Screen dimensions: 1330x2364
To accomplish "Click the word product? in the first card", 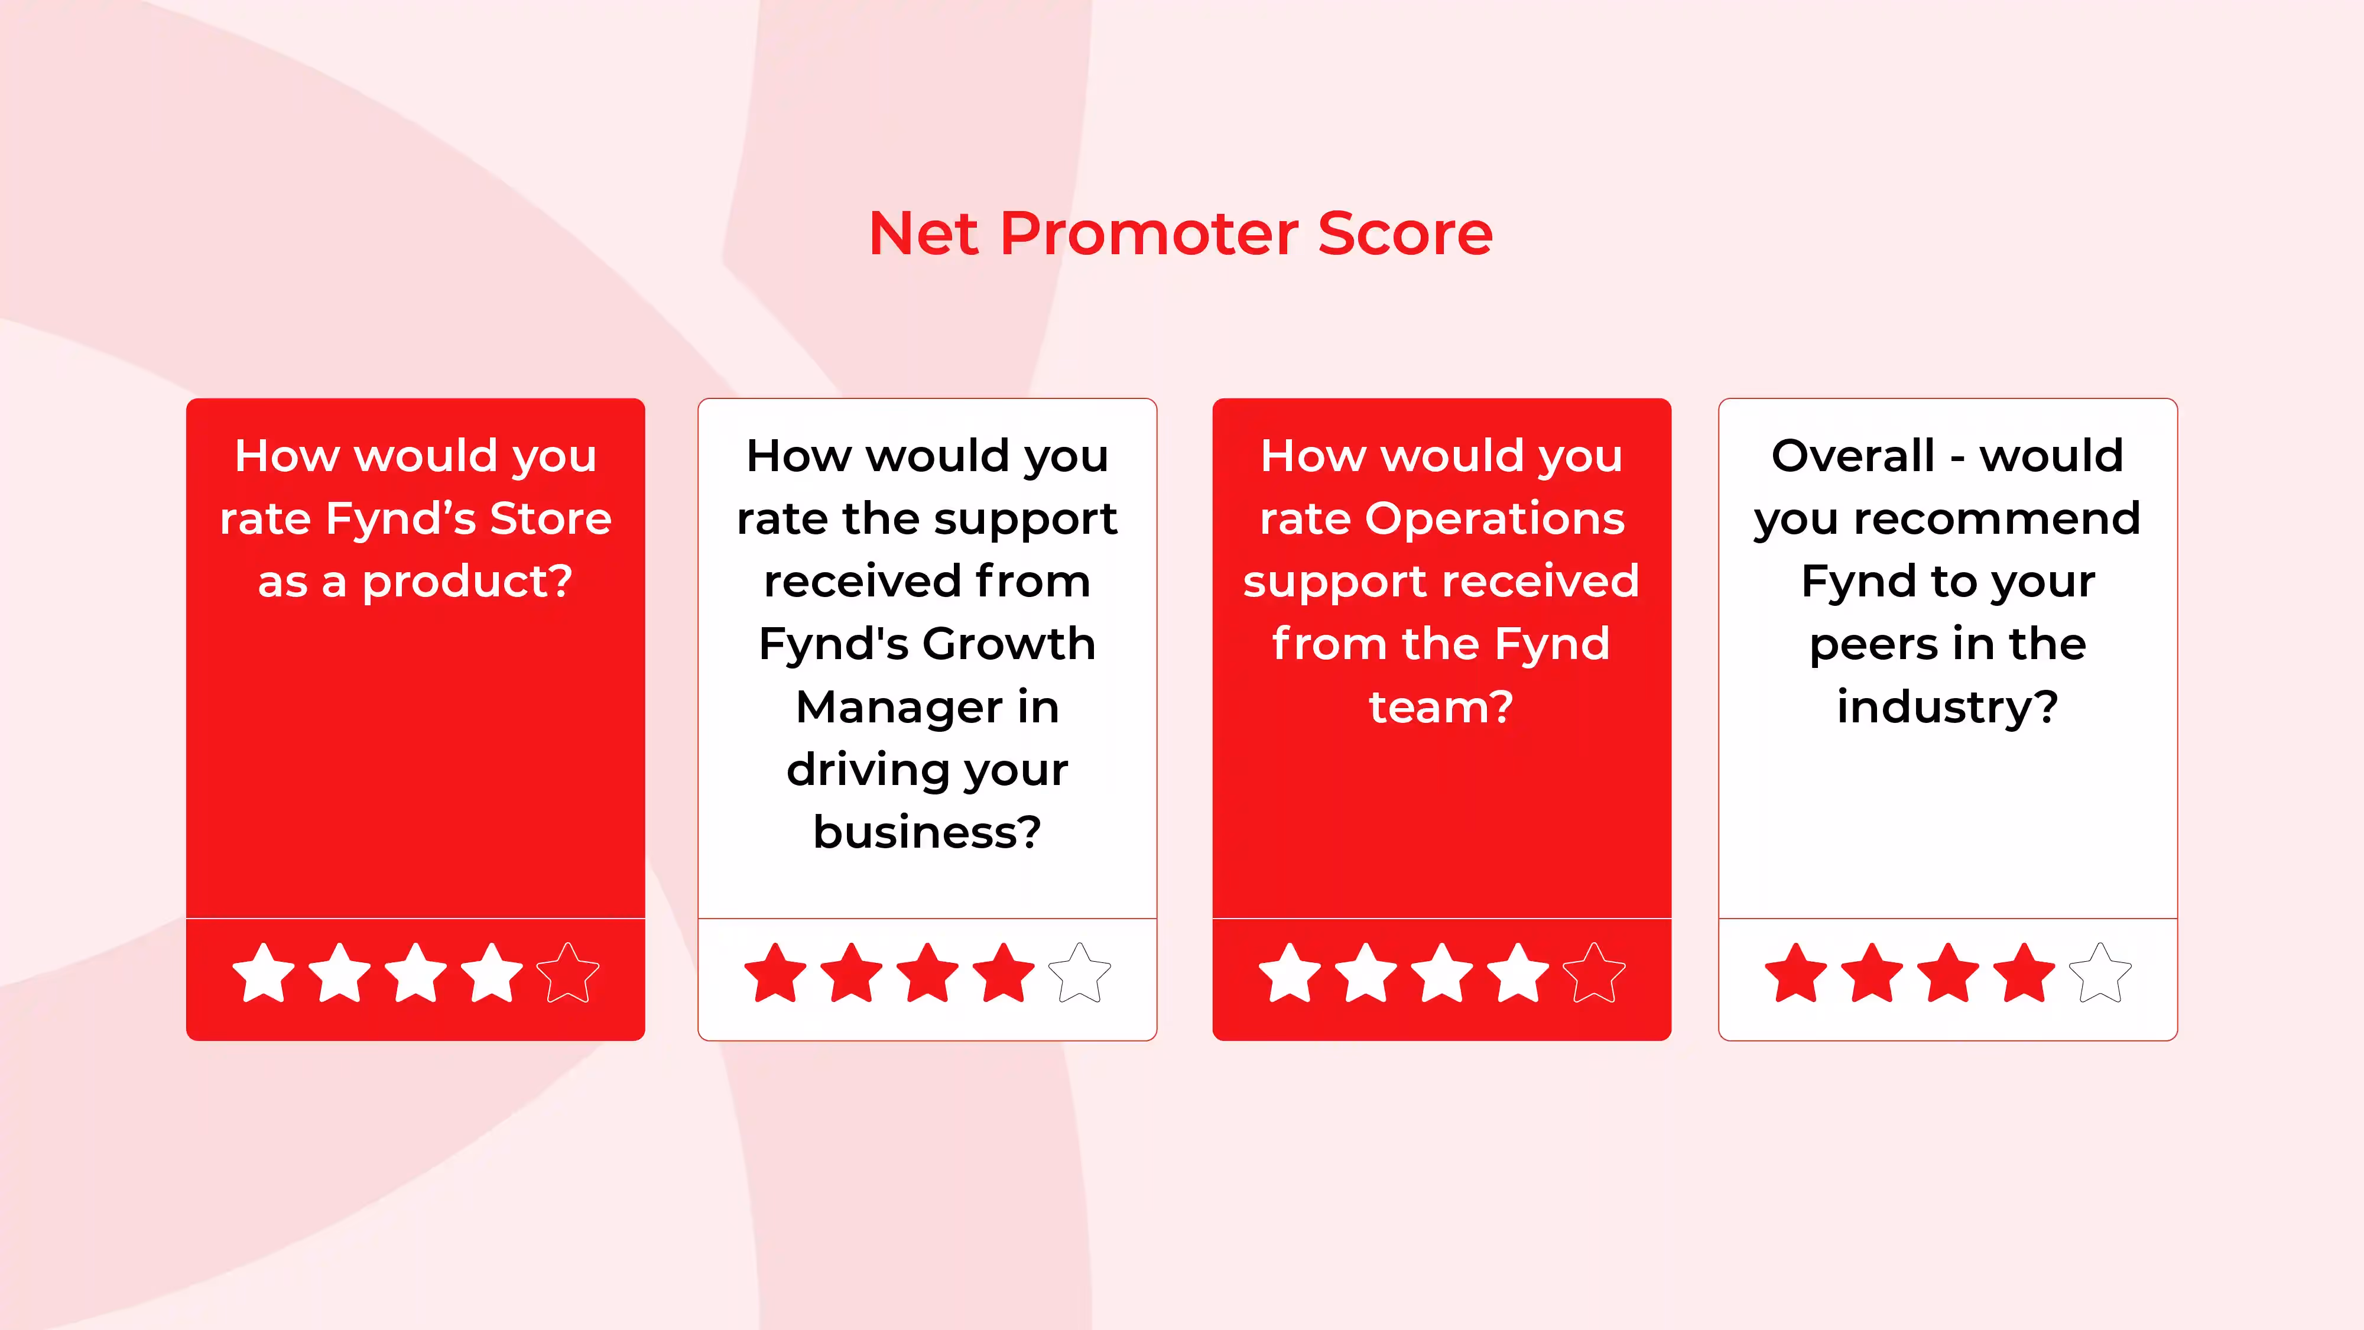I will [467, 582].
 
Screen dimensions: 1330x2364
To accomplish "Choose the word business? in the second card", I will [927, 832].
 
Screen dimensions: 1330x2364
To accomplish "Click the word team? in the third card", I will [1441, 708].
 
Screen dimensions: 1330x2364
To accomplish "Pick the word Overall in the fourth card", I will [1853, 456].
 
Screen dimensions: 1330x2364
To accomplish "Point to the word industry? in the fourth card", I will [1947, 708].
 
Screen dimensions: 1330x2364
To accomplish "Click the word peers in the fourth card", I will [1865, 644].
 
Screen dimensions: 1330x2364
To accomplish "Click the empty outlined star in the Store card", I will [568, 974].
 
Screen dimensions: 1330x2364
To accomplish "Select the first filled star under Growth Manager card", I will [775, 974].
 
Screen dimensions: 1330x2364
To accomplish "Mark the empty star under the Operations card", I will [1594, 974].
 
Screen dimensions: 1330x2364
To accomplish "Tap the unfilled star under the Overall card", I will [2100, 974].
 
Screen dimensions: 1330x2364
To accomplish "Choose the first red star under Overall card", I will [1796, 974].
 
